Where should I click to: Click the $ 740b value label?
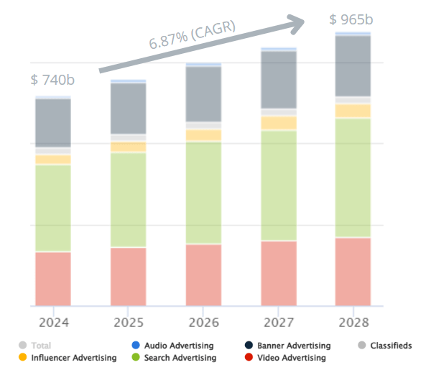(52, 80)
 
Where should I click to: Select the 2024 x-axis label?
(53, 320)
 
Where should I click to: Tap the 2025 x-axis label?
(128, 320)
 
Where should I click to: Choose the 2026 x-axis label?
(203, 320)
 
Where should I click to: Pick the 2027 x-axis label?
(279, 320)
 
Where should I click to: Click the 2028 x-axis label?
(353, 320)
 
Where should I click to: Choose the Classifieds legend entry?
(388, 346)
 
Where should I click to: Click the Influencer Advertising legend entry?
(69, 358)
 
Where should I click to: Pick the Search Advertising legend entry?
(180, 358)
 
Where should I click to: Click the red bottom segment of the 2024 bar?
(53, 279)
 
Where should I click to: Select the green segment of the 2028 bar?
(353, 177)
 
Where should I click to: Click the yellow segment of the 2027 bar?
(279, 123)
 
